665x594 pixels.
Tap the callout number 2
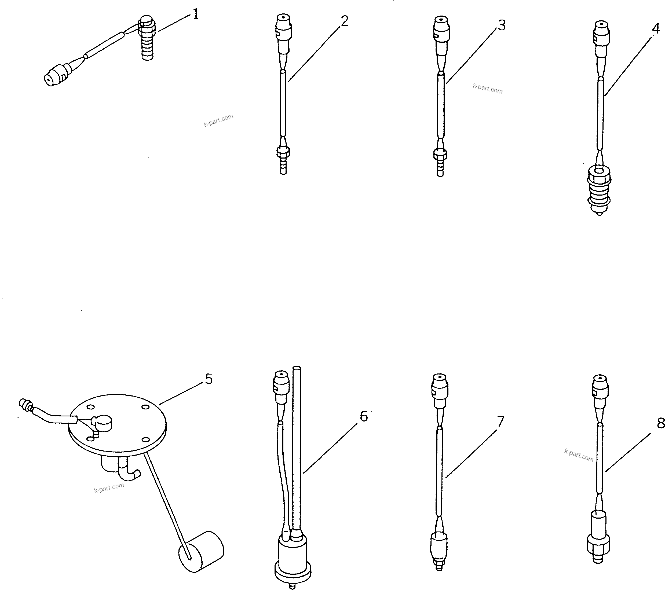(344, 21)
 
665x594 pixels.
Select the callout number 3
(502, 25)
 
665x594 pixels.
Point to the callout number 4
(656, 29)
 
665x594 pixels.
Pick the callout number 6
(364, 416)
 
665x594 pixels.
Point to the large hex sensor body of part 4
(599, 189)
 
